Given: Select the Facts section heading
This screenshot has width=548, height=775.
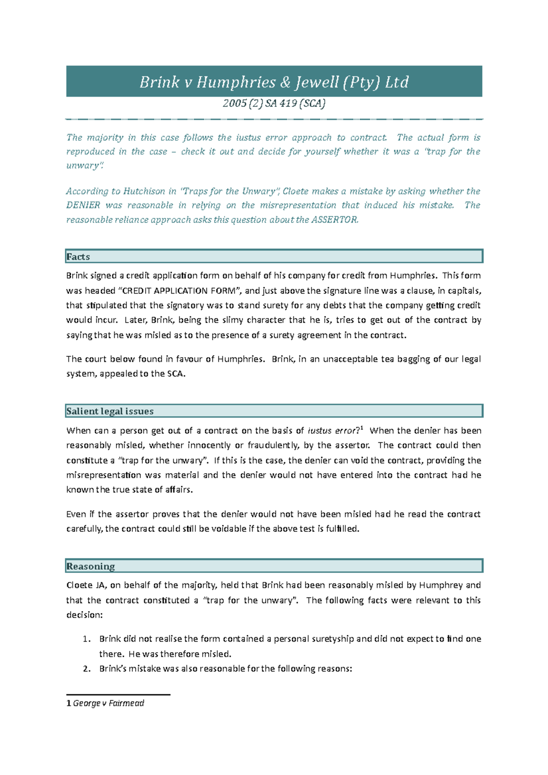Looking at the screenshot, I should click(x=78, y=257).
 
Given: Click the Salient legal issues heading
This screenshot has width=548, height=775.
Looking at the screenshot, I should click(x=110, y=411).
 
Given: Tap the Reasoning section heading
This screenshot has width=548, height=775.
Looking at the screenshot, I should click(x=90, y=566).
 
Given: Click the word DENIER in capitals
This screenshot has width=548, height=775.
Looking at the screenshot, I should click(x=83, y=205).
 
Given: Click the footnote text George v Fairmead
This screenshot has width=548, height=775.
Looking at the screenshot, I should click(x=108, y=703).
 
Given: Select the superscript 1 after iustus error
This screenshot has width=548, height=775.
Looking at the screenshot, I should click(x=362, y=429).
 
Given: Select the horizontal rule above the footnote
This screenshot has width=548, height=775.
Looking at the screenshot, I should click(x=118, y=695).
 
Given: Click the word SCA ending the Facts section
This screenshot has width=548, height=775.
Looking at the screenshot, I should click(x=176, y=374).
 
